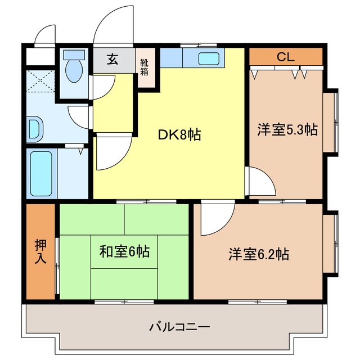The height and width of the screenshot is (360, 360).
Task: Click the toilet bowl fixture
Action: [74, 71]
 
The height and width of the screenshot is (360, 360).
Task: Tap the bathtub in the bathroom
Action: [41, 174]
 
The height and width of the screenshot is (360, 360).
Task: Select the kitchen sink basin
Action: [209, 58]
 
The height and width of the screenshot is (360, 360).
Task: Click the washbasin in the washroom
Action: [35, 129]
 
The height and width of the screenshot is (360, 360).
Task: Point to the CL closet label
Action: [285, 57]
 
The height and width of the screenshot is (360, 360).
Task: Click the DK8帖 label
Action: [179, 135]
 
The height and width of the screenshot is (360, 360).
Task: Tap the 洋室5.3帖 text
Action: [287, 130]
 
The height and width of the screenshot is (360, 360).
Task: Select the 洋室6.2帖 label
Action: [259, 254]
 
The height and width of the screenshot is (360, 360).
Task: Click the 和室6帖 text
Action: [124, 251]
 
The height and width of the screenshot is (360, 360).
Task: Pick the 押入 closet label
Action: [40, 251]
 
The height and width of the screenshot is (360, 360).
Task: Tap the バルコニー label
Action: [179, 327]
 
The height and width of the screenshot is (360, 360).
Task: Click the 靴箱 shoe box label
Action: [144, 67]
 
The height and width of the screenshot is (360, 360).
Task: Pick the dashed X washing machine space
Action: [40, 81]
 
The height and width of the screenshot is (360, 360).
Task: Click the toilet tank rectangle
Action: [74, 55]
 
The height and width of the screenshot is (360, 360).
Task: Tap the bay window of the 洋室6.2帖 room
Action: [331, 244]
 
